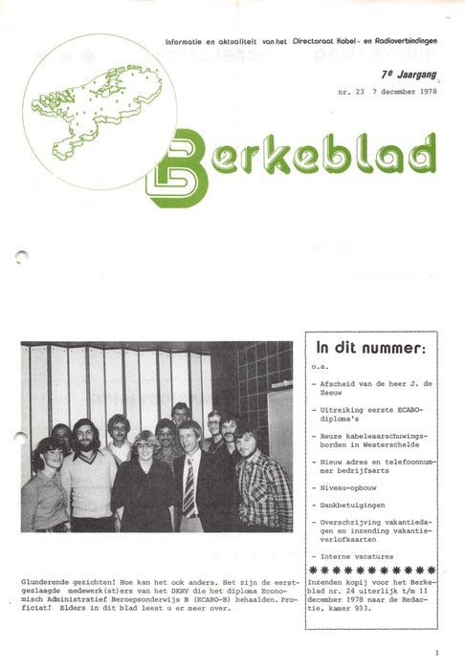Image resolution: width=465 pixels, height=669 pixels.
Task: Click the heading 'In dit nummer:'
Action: click(x=369, y=349)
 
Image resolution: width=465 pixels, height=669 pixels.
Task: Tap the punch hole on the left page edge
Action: click(x=23, y=256)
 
